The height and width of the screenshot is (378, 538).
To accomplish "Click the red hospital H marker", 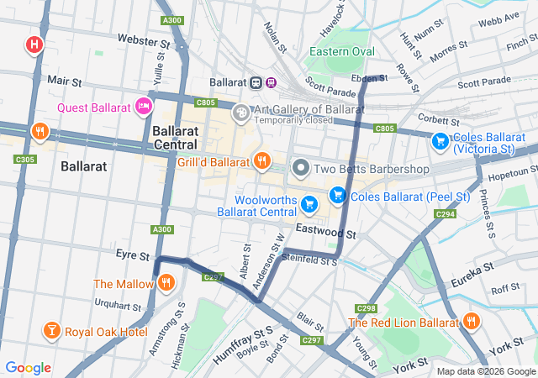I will pyautogui.click(x=34, y=44).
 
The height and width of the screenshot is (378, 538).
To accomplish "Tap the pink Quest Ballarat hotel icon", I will pyautogui.click(x=144, y=107).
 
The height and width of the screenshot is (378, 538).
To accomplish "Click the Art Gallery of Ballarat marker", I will pyautogui.click(x=241, y=112).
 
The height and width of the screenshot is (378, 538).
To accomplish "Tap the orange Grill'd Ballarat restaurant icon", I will pyautogui.click(x=262, y=160).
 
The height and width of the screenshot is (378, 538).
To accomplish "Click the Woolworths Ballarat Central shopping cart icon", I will pyautogui.click(x=309, y=203).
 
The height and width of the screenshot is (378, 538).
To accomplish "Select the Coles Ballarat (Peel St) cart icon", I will pyautogui.click(x=337, y=195).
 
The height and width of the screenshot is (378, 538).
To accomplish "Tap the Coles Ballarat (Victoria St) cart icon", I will pyautogui.click(x=439, y=142).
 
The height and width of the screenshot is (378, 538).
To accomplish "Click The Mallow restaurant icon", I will pyautogui.click(x=166, y=283).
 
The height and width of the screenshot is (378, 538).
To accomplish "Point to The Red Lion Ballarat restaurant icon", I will pyautogui.click(x=471, y=321).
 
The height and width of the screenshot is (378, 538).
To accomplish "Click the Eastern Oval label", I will pyautogui.click(x=341, y=51).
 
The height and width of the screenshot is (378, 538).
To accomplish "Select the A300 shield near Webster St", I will pyautogui.click(x=172, y=19).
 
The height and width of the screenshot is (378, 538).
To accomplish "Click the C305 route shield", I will pyautogui.click(x=25, y=158).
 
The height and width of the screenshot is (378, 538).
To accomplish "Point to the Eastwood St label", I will pyautogui.click(x=326, y=228).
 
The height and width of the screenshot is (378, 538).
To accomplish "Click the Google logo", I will pyautogui.click(x=28, y=367).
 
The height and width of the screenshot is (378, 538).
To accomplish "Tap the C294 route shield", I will pyautogui.click(x=445, y=214).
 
